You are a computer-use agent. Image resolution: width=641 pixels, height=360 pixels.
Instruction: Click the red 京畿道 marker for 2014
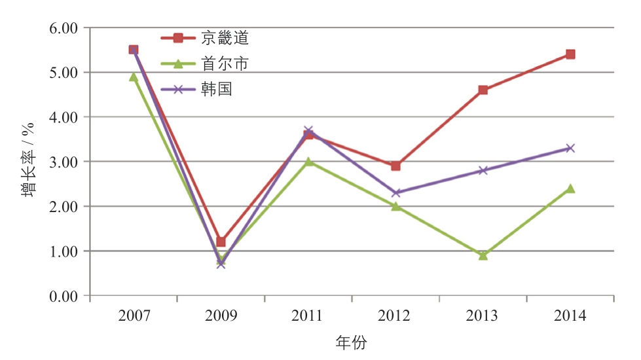click(570, 54)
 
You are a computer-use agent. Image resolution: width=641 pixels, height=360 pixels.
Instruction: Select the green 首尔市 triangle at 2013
click(483, 255)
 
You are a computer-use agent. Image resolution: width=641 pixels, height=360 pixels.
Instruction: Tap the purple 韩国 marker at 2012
click(395, 192)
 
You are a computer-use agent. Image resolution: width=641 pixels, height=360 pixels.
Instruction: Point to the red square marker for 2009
click(221, 242)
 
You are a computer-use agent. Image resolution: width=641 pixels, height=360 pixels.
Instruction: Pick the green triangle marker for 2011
click(308, 162)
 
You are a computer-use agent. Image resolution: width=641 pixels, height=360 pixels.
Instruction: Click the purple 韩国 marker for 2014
click(570, 148)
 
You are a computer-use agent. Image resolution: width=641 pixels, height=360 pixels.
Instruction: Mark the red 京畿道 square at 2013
click(483, 90)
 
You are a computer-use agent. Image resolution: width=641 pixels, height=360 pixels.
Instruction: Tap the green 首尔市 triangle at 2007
click(134, 77)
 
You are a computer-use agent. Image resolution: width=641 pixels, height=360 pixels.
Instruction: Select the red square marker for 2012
click(395, 166)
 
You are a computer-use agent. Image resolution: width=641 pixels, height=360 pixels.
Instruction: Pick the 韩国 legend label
click(217, 88)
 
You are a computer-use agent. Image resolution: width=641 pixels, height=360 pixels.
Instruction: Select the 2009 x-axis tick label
click(221, 316)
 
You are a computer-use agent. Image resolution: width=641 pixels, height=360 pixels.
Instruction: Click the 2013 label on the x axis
click(483, 316)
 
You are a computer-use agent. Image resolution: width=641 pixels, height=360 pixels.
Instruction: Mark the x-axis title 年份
click(351, 342)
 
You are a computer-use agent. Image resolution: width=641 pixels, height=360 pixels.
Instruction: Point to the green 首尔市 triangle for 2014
click(570, 189)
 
